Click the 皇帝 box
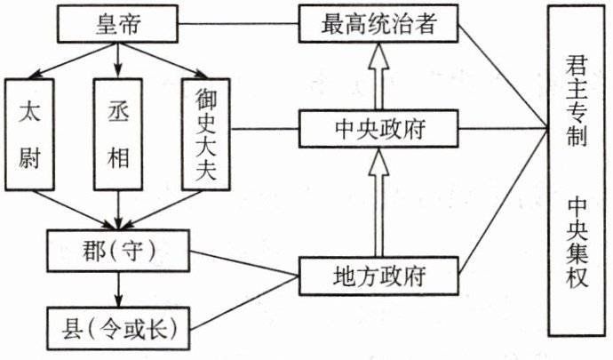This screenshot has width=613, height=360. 118,25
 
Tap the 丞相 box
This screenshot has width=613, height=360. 118,133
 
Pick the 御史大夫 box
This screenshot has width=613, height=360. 204,133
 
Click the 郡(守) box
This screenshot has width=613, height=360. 118,244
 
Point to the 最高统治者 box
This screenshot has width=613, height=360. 378,23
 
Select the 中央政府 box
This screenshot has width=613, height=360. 378,129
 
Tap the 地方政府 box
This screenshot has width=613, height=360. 378,275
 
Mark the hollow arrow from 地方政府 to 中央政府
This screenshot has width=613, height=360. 378,202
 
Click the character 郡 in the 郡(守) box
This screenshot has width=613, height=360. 84,244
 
